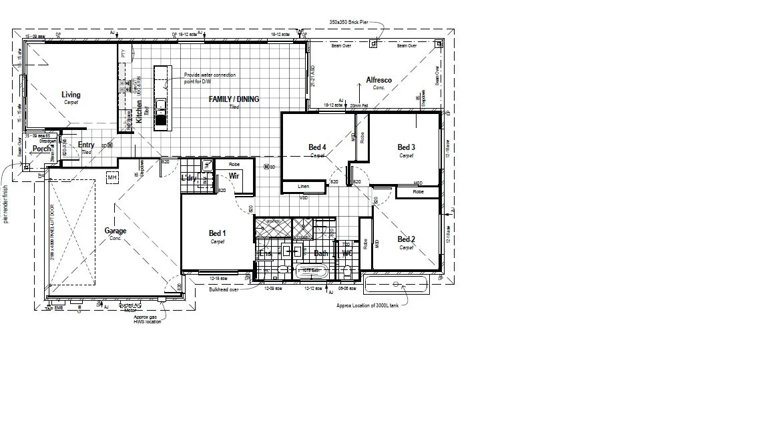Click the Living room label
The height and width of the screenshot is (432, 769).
coord(71,95)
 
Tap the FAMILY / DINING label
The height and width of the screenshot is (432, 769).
coord(234,99)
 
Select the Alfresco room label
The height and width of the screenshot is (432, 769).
coord(379,80)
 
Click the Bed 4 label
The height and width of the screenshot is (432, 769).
coord(317,147)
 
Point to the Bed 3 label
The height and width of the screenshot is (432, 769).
coord(407,147)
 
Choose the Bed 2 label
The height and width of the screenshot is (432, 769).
coord(407,239)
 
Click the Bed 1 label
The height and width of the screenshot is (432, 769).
coord(218,233)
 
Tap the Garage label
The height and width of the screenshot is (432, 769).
coord(115,231)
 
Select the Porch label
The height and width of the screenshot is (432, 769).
coord(41,149)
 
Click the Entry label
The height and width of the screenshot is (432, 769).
coord(86,145)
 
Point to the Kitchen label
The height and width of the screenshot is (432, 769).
coord(139,111)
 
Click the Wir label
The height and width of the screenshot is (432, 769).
coord(234,176)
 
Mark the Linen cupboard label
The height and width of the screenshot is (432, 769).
coord(304,187)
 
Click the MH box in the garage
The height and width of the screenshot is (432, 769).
coord(112,177)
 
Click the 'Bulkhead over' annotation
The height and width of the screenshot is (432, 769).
coord(223,290)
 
